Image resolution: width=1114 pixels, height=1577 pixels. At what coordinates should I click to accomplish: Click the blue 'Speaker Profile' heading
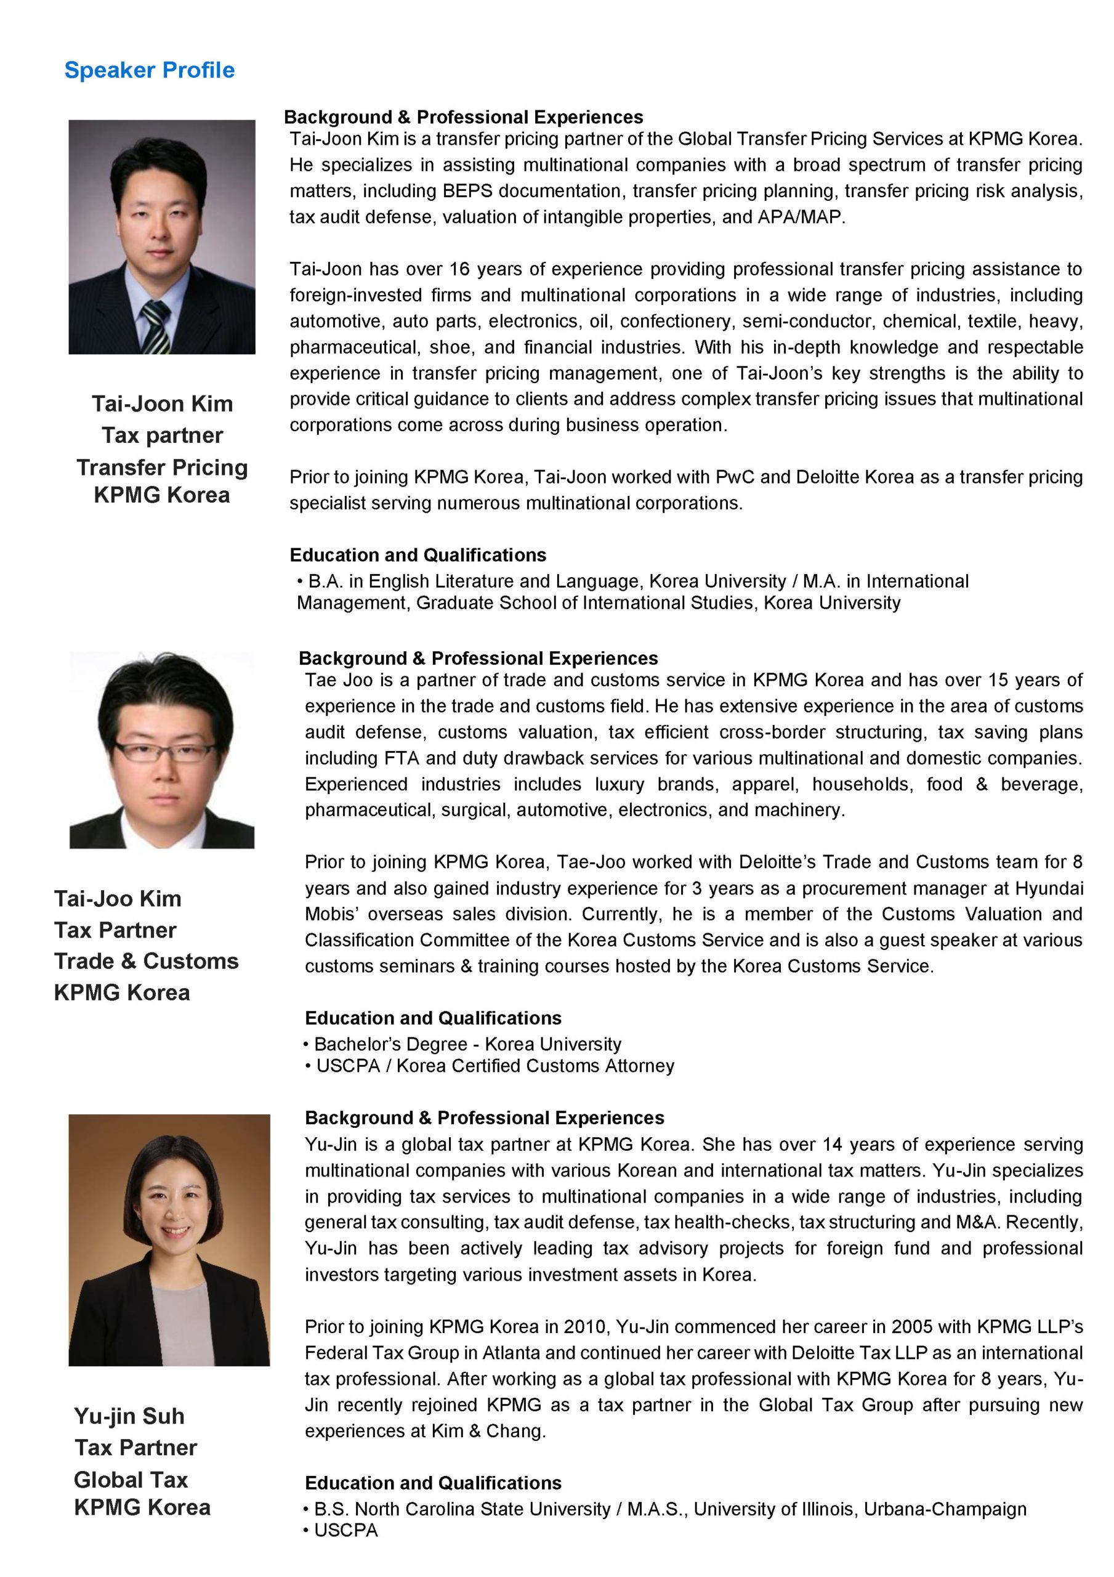click(x=149, y=70)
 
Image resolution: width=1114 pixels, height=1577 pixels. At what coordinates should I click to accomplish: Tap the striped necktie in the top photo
click(x=156, y=326)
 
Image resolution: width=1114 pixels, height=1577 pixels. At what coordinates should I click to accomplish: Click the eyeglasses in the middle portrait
click(x=163, y=752)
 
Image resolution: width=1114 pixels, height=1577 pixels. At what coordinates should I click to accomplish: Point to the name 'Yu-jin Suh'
click(x=129, y=1416)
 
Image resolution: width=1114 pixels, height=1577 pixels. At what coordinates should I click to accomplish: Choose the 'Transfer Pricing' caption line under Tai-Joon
click(x=162, y=467)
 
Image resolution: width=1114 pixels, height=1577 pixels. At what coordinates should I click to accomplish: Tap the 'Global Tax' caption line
click(x=131, y=1479)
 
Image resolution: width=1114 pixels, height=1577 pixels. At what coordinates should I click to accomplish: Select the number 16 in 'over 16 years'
click(x=459, y=269)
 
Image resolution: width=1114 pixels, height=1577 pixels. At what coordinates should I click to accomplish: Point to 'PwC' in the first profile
click(x=735, y=477)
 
